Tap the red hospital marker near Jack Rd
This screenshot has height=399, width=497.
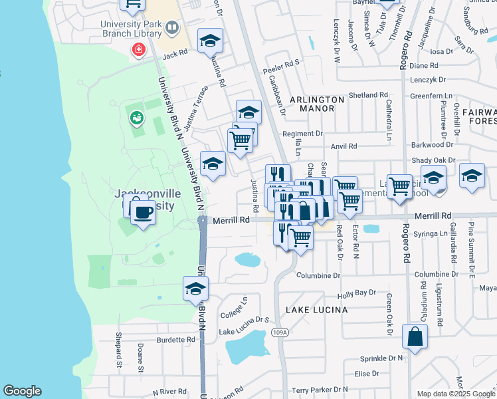pos(138,49)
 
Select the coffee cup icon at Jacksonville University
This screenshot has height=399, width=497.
pos(143,213)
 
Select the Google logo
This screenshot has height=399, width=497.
pos(22,391)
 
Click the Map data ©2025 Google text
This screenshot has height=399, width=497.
pos(456,394)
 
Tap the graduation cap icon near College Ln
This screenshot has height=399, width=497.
pos(196,289)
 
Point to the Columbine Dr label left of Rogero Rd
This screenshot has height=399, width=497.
pos(318,275)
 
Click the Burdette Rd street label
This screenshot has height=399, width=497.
pos(177,339)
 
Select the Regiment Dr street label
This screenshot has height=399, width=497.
pos(302,134)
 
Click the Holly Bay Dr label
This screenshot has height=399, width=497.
pos(357,294)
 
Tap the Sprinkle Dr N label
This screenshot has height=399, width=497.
pos(379,358)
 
